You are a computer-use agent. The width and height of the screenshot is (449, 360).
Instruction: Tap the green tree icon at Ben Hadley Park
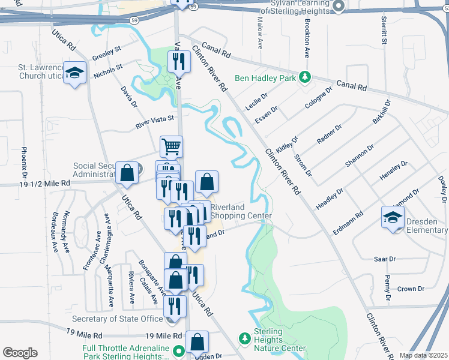305,77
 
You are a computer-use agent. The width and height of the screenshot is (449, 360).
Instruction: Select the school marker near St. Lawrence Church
75,73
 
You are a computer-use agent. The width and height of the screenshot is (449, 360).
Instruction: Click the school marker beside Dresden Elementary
393,217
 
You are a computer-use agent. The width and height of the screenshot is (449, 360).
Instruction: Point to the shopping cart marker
172,146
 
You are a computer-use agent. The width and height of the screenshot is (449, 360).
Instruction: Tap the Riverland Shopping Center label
240,211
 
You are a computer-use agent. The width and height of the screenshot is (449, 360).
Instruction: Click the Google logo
20,352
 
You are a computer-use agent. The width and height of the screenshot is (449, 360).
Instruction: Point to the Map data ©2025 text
423,355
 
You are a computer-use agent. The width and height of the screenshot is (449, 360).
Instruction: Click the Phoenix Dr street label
25,161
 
